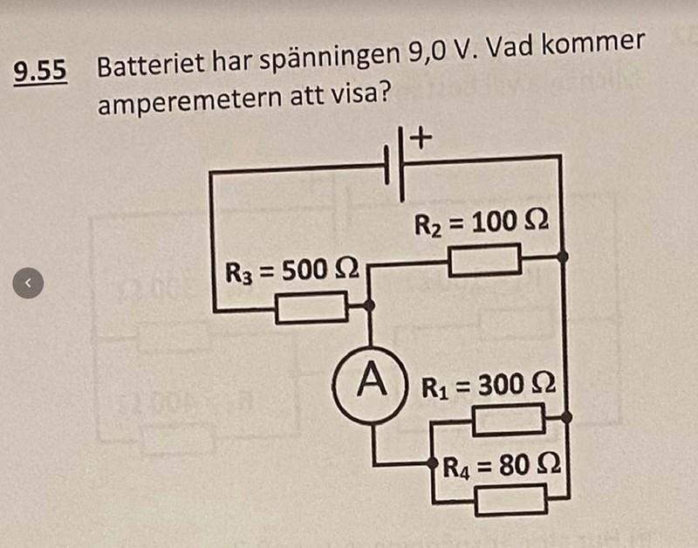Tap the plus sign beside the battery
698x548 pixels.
421,137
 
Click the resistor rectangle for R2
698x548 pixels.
483,259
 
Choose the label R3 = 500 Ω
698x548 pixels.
293,271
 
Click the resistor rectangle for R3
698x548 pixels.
311,306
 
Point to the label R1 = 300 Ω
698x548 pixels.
489,385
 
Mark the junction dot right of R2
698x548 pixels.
562,257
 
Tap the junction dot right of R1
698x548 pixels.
566,418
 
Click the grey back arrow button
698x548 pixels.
28,282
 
